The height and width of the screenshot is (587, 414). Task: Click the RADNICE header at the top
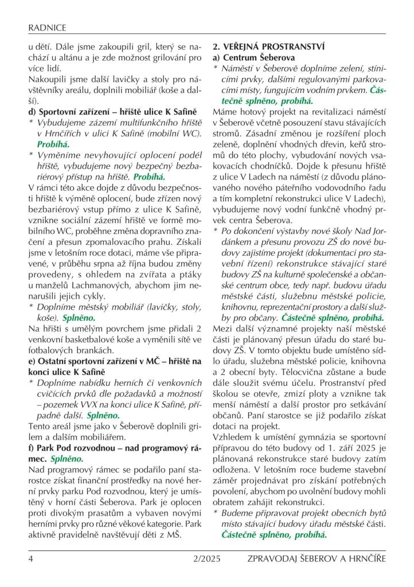click(x=47, y=27)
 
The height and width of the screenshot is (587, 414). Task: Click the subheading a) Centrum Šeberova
click(x=254, y=58)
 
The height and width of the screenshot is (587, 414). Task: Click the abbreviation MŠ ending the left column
click(x=173, y=535)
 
